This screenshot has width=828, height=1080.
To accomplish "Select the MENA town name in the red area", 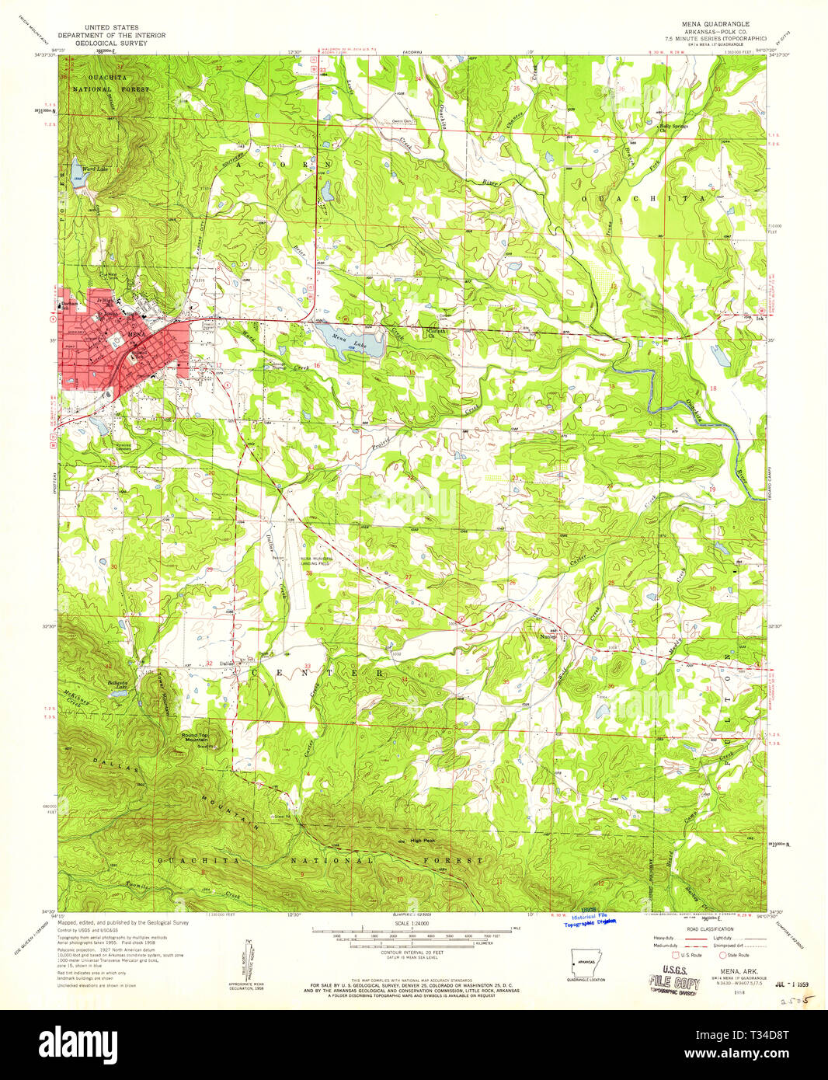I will click(x=136, y=334).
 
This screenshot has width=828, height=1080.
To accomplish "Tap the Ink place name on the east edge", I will click(x=760, y=318).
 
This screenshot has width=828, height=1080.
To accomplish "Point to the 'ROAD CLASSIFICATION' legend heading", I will click(x=710, y=929).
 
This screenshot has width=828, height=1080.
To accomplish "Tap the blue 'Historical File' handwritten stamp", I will click(x=592, y=918).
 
